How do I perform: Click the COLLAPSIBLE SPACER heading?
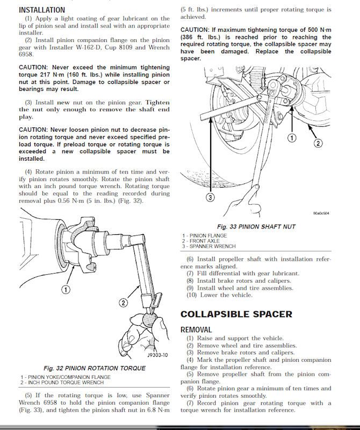[236, 314]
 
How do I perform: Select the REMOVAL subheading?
[196, 329]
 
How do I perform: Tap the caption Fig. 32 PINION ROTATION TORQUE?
[94, 368]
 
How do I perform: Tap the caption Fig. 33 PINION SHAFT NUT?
[256, 227]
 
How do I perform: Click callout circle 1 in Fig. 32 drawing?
[65, 290]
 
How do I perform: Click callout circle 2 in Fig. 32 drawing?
[123, 303]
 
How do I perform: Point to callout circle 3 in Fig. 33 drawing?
[210, 197]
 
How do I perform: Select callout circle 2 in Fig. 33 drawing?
[318, 143]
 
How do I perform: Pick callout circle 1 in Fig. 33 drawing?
[292, 138]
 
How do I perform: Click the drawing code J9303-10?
[157, 355]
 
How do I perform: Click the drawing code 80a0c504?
[321, 213]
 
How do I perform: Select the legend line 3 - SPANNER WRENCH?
[209, 246]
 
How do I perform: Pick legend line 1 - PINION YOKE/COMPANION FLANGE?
[66, 377]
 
